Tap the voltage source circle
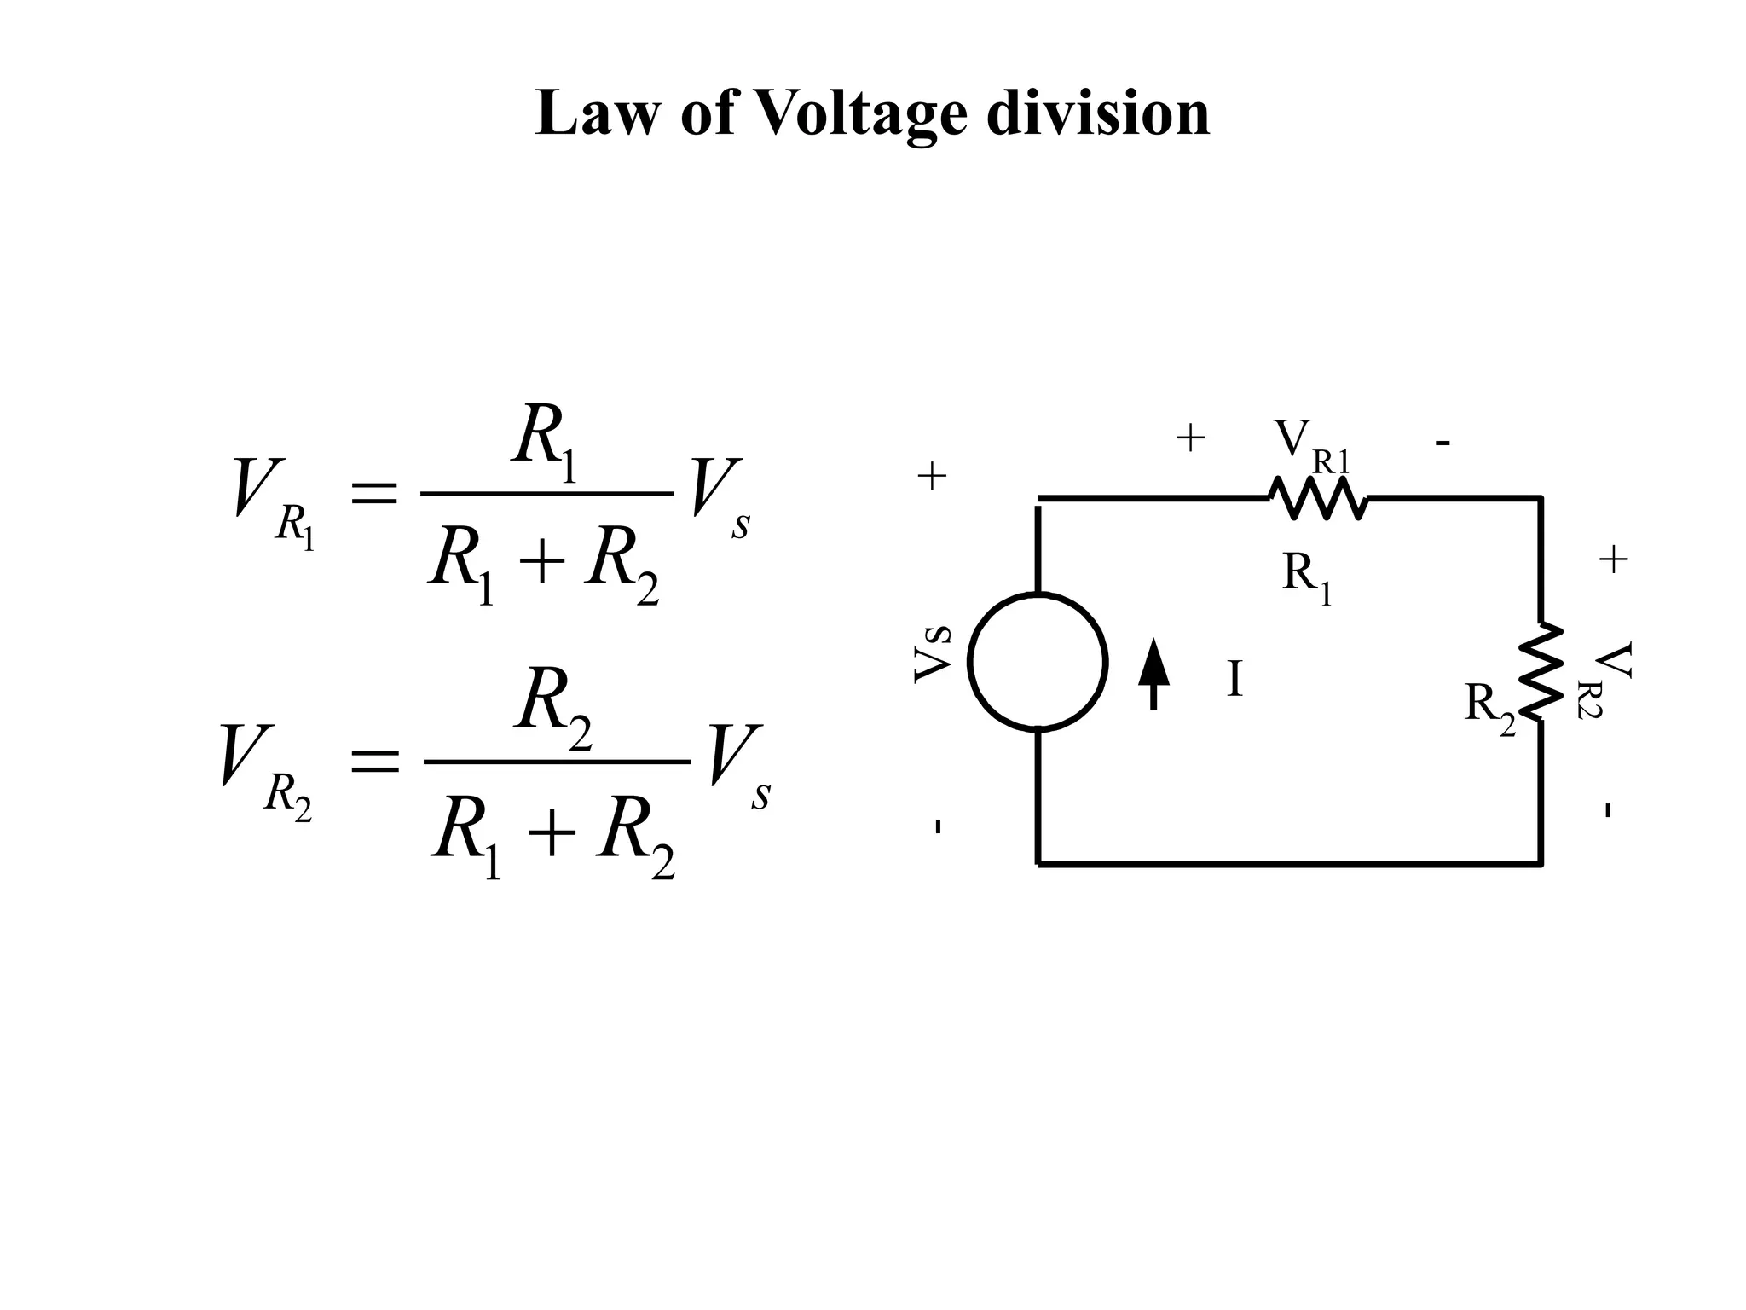1038,662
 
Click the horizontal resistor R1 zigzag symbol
1318,497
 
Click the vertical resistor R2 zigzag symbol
1541,671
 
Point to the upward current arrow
1153,673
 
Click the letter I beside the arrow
1234,680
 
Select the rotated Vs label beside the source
933,653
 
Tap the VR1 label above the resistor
1311,446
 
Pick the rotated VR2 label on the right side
1610,680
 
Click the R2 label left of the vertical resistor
1489,706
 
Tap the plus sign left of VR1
1190,439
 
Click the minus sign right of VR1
1442,443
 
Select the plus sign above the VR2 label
1613,560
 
